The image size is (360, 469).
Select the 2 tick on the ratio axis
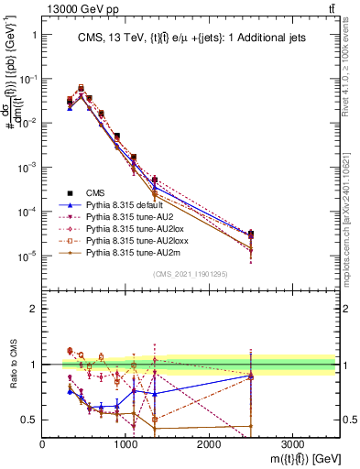(x=33, y=309)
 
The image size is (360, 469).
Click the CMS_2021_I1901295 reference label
(x=190, y=273)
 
